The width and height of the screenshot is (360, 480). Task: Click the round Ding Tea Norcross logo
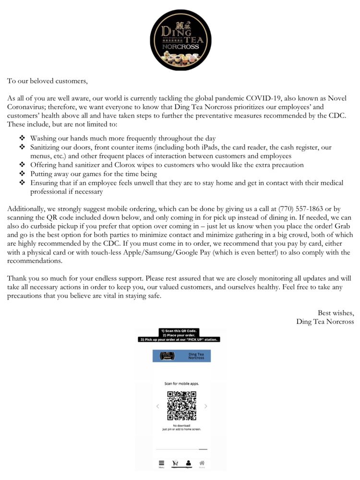click(x=180, y=40)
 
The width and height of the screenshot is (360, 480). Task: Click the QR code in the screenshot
click(x=181, y=406)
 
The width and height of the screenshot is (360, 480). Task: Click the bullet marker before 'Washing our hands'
click(x=22, y=138)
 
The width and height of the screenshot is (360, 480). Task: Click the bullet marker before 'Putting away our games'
click(x=22, y=173)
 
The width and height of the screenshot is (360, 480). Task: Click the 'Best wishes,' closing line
click(x=336, y=313)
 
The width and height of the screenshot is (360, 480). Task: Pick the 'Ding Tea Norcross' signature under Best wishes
click(x=325, y=322)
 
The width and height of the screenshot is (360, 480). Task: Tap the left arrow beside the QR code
click(x=157, y=406)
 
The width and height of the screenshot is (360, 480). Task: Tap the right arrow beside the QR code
click(x=206, y=406)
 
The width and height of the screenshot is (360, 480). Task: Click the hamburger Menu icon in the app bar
click(x=162, y=464)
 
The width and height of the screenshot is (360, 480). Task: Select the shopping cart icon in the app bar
click(x=175, y=464)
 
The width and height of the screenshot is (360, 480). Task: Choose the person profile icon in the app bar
click(x=189, y=463)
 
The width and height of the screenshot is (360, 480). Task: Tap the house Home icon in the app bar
click(x=202, y=463)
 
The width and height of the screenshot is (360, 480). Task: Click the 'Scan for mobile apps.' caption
click(x=181, y=384)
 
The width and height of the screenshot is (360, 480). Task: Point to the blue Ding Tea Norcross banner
click(x=181, y=356)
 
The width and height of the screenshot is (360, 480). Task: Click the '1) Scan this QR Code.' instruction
click(x=180, y=331)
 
